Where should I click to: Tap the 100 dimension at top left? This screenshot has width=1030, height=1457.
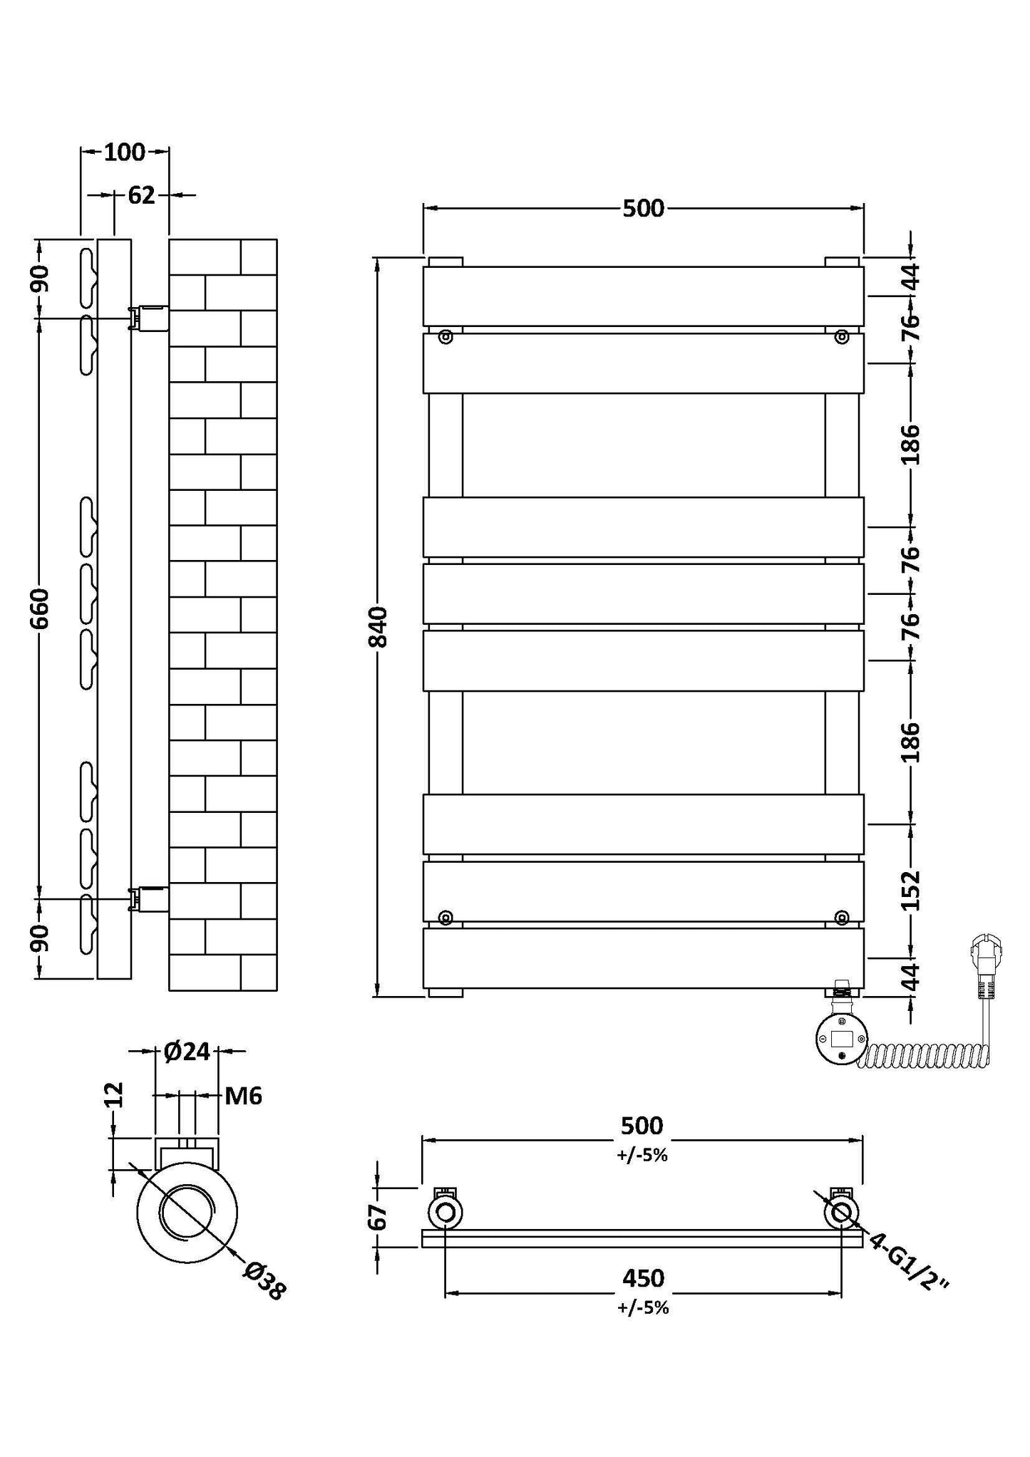125,152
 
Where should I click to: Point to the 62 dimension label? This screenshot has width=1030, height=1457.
141,195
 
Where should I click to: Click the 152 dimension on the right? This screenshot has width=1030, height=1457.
911,891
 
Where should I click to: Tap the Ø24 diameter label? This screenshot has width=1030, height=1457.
187,1051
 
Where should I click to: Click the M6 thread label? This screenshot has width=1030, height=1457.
244,1096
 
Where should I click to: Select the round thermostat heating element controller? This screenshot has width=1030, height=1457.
842,1041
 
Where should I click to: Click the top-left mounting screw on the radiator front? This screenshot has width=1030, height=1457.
446,337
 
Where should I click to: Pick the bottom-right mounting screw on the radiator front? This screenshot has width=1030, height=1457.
842,917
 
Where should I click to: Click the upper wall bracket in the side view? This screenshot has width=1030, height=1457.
148,318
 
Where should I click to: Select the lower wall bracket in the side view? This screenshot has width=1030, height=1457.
148,899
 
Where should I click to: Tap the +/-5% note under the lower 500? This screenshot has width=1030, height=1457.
642,1156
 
